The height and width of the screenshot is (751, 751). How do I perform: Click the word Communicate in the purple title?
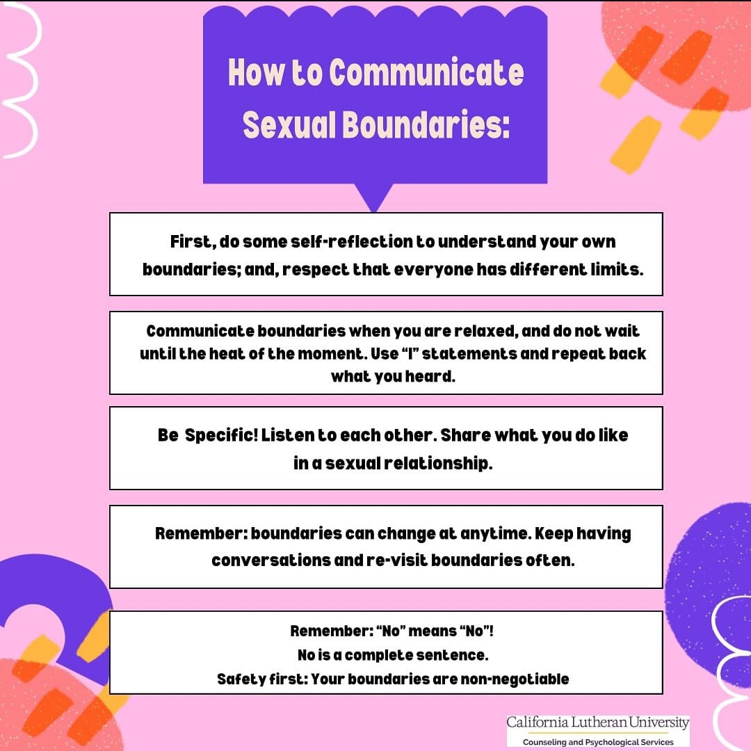pyautogui.click(x=427, y=73)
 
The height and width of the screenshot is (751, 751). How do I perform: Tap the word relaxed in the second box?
pyautogui.click(x=485, y=331)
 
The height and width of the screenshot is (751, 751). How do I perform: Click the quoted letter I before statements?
pyautogui.click(x=410, y=353)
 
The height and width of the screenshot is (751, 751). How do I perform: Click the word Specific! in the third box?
pyautogui.click(x=221, y=435)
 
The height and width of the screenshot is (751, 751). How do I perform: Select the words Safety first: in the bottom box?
pyautogui.click(x=262, y=679)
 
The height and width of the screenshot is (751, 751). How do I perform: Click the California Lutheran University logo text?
pyautogui.click(x=598, y=722)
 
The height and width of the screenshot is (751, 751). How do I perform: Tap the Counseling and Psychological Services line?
pyautogui.click(x=598, y=742)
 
